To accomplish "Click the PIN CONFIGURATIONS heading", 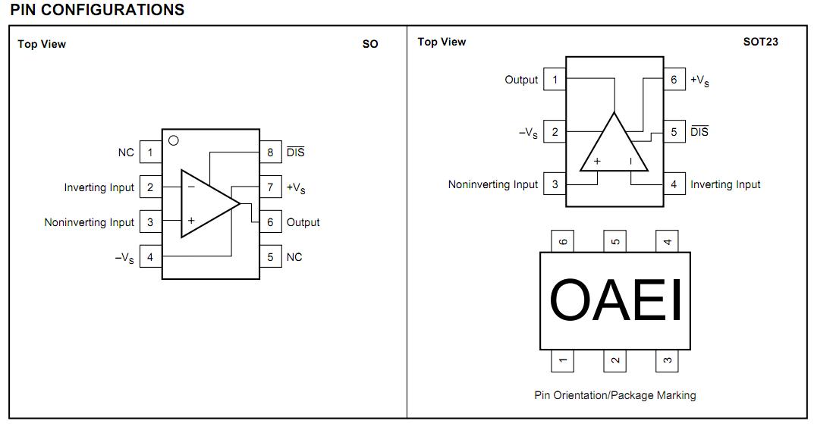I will (x=97, y=10).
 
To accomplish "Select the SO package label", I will (x=370, y=44).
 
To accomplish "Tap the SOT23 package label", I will (x=760, y=42).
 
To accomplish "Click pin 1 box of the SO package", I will (x=150, y=152).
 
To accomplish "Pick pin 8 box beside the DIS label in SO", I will (x=270, y=152).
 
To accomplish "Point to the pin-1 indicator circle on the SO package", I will (x=173, y=140).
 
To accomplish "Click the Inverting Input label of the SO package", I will (x=99, y=187).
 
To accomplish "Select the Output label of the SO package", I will (x=303, y=222).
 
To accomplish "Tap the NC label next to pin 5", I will (x=294, y=257).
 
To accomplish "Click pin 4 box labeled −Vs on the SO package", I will (x=150, y=257).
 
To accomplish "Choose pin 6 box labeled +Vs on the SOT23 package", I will (x=674, y=80).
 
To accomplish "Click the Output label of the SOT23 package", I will (x=521, y=80).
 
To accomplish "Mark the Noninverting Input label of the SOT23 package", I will (x=492, y=184).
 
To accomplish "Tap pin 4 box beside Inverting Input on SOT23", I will (x=674, y=184).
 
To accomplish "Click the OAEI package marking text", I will (x=615, y=300).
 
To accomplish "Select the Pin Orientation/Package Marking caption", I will (x=614, y=395).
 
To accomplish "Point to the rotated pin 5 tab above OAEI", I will (x=615, y=242).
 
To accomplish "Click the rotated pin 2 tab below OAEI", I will (x=615, y=360).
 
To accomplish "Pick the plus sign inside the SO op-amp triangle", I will (x=191, y=221).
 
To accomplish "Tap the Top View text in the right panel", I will (x=442, y=42).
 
